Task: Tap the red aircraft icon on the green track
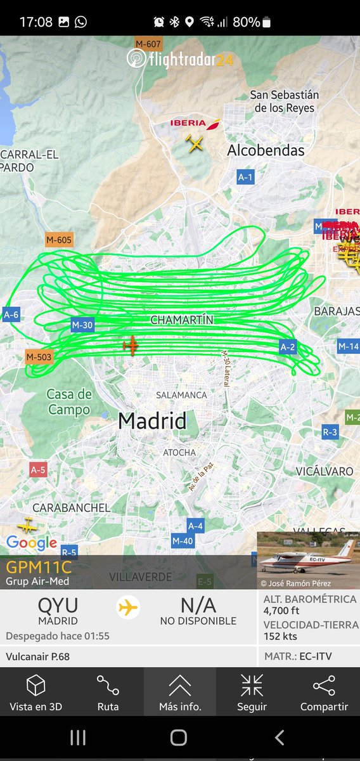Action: (x=131, y=346)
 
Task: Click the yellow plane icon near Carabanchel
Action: (x=27, y=526)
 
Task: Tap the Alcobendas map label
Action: (x=266, y=150)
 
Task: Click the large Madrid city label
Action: (x=152, y=420)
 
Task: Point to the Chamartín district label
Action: (x=181, y=320)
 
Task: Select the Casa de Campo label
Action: (x=69, y=402)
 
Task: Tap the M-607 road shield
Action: (x=149, y=44)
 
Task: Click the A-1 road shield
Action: (x=245, y=177)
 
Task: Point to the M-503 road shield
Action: (x=39, y=357)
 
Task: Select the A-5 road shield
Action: (x=38, y=470)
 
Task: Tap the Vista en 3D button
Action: (x=35, y=693)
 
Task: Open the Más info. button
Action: (x=179, y=693)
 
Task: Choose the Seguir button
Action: (x=252, y=693)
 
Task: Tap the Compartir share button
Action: (x=324, y=693)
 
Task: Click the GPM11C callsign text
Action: (x=39, y=567)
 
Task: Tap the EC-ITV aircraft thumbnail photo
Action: (x=308, y=560)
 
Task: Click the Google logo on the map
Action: (x=32, y=543)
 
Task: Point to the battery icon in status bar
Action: (x=267, y=22)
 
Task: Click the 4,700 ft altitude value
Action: (x=281, y=611)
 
